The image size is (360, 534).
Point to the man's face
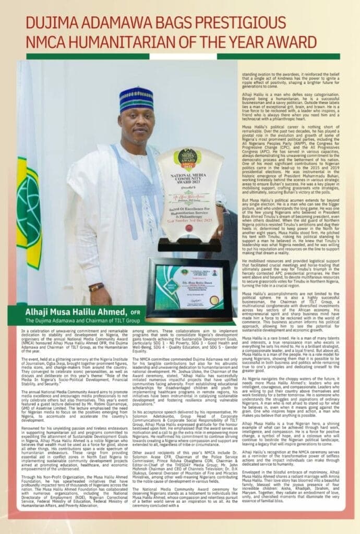click(x=137, y=123)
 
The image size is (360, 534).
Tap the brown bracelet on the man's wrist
click(x=96, y=287)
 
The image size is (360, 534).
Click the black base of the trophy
click(x=189, y=244)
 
